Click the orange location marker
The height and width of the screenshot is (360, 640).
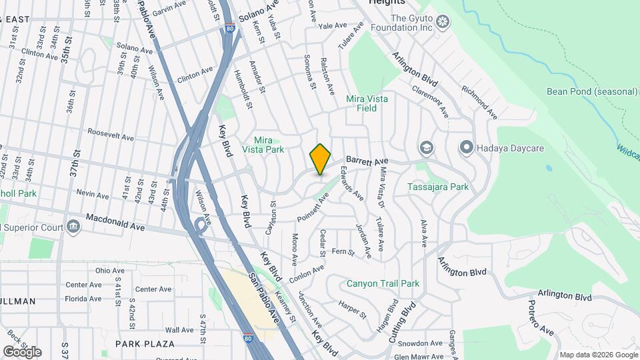point(320,159)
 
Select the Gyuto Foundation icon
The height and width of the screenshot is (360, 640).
point(443,23)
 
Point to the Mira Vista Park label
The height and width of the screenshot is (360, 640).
point(269,145)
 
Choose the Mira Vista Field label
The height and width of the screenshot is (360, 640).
point(367,103)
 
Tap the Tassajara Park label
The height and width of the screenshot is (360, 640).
point(439,187)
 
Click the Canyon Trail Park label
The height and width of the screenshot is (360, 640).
point(383,283)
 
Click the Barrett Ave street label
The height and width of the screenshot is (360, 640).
point(366,161)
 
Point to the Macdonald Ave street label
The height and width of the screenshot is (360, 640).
point(115,223)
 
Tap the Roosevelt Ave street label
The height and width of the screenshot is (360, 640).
point(111,135)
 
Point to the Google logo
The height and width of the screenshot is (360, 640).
point(22,352)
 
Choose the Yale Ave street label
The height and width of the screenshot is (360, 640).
point(333,25)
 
